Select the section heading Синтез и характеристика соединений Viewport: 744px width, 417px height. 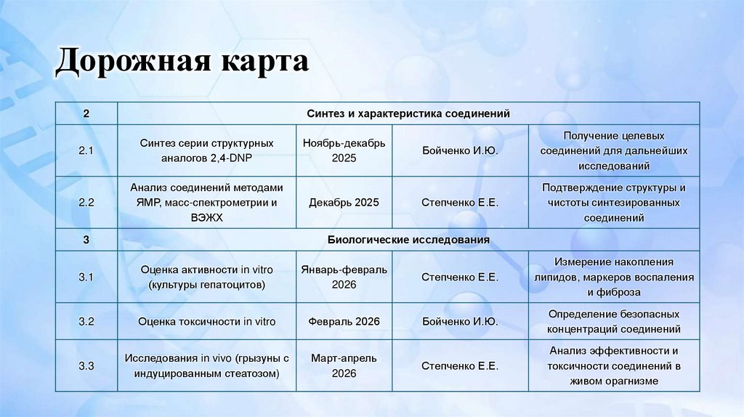[408, 114]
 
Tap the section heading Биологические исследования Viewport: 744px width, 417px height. [408, 239]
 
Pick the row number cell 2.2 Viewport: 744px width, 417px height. [86, 203]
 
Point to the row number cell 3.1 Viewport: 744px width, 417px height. [86, 277]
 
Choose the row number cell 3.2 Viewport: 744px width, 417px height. [86, 321]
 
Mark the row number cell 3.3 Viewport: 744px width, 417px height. [86, 366]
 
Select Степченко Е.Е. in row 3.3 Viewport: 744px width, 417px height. [460, 366]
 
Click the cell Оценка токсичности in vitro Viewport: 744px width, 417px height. [207, 321]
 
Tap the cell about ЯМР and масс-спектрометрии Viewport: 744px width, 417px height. [207, 203]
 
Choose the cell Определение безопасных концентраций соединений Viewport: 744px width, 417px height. [614, 321]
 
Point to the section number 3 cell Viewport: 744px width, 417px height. [86, 239]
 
